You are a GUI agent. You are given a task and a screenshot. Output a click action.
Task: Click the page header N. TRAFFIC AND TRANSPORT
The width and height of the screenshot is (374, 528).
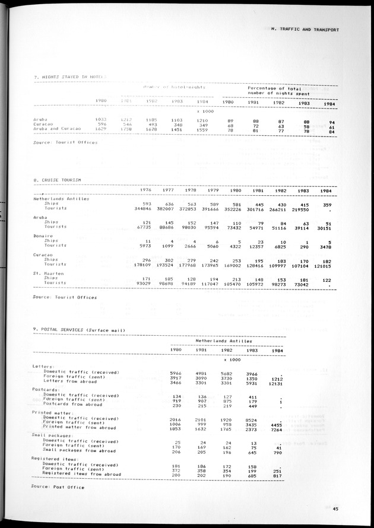[300, 28]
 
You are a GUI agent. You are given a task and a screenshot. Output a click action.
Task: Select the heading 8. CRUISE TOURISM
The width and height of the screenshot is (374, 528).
[58, 179]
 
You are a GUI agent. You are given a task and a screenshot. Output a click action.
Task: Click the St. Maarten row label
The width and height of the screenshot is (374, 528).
[47, 273]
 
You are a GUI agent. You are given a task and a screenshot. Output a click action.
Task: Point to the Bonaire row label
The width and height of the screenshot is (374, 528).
[42, 235]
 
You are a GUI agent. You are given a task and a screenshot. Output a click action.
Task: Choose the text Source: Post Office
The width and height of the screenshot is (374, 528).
[58, 487]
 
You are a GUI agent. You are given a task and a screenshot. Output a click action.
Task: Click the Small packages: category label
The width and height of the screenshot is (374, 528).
[52, 434]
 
